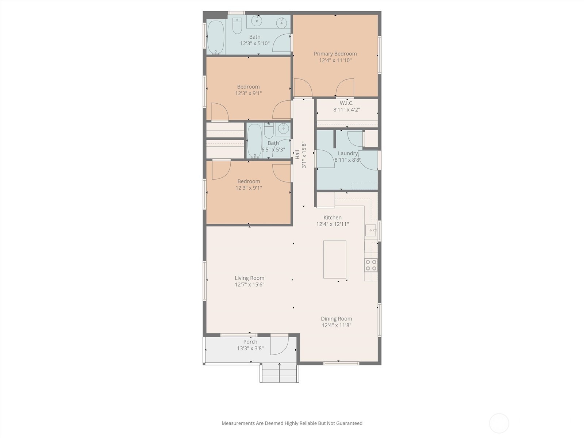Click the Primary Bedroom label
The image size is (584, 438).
coord(335,54)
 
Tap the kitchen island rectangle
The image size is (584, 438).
coord(335,259)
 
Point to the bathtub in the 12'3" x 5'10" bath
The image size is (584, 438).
coord(215,37)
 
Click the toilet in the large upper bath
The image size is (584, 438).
coord(237,26)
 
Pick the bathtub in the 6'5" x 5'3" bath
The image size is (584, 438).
coord(254,141)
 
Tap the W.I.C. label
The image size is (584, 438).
coord(346,103)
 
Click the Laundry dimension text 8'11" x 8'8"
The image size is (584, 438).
coord(347,160)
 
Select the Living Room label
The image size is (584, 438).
coord(249,278)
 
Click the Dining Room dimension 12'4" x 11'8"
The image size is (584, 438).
coord(336,325)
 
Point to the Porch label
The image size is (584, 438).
coord(250,342)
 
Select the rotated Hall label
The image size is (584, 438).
coord(297,154)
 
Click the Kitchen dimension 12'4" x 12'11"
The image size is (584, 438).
coord(332,224)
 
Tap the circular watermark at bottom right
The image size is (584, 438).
coord(499,423)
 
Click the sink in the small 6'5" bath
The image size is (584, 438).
coord(283,128)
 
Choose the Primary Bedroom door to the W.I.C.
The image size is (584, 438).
coord(345,89)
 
